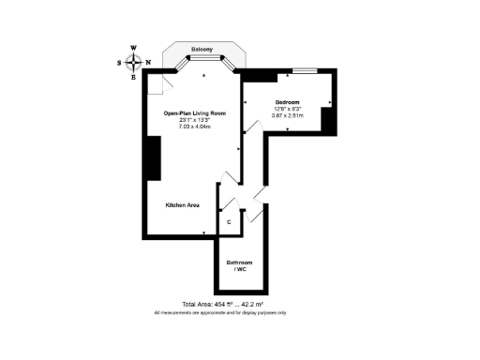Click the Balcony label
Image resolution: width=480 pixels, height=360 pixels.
point(202,49)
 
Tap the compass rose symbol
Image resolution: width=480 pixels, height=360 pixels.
point(134,62)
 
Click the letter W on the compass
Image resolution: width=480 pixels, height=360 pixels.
point(134,48)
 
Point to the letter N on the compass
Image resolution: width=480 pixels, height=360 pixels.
point(148,63)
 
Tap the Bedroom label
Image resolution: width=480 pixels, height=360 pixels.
point(287,101)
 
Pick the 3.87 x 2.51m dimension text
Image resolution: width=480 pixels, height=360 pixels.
point(287,115)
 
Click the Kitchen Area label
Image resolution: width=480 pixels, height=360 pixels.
point(182,203)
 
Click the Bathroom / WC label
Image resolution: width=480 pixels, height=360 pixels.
point(240,265)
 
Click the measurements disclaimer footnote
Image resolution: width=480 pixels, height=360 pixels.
point(220,312)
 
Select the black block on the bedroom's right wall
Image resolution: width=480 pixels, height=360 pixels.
point(328,120)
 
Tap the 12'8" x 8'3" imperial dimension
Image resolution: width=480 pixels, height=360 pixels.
point(287,109)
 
